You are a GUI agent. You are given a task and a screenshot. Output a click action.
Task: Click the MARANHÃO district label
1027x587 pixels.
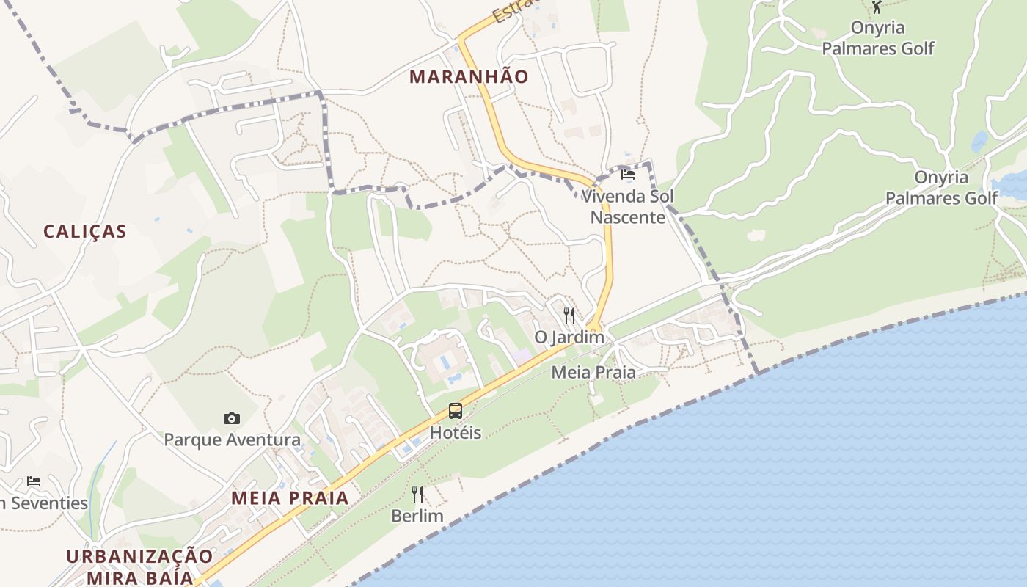[469, 76]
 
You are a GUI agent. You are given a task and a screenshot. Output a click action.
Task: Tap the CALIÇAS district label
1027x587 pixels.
[85, 231]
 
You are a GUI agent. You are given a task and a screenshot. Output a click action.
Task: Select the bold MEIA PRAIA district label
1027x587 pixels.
[290, 497]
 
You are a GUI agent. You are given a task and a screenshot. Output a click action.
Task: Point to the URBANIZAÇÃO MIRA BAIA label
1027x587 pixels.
[139, 566]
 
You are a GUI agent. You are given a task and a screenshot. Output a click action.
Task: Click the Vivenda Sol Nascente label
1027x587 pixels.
[627, 207]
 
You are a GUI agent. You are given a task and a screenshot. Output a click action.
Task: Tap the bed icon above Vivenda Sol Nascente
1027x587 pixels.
[628, 175]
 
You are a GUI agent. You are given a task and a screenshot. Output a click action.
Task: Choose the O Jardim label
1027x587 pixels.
[569, 338]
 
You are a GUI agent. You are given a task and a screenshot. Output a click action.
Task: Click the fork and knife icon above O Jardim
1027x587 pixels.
[569, 316]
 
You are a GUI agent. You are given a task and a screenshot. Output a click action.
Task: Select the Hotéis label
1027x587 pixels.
[456, 432]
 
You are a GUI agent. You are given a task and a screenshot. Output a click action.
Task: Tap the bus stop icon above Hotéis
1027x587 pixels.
[456, 411]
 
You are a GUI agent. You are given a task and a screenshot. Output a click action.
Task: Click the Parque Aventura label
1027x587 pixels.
[232, 440]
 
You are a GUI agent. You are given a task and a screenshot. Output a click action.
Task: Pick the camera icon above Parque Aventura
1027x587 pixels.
[232, 418]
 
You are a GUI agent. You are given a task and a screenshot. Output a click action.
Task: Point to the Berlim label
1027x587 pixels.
[417, 516]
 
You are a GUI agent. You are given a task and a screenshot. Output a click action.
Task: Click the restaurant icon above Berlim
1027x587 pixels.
[417, 495]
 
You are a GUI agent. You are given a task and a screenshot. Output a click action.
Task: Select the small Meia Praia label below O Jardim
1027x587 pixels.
[593, 372]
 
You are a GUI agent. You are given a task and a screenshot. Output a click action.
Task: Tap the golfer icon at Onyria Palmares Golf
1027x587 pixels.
[877, 7]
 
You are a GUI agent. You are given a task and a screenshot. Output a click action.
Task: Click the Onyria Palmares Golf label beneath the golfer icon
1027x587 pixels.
[877, 38]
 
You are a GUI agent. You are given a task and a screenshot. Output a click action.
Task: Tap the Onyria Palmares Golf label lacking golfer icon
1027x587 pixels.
[941, 188]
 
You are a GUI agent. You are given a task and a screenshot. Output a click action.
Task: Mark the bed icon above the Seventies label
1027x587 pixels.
[34, 481]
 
